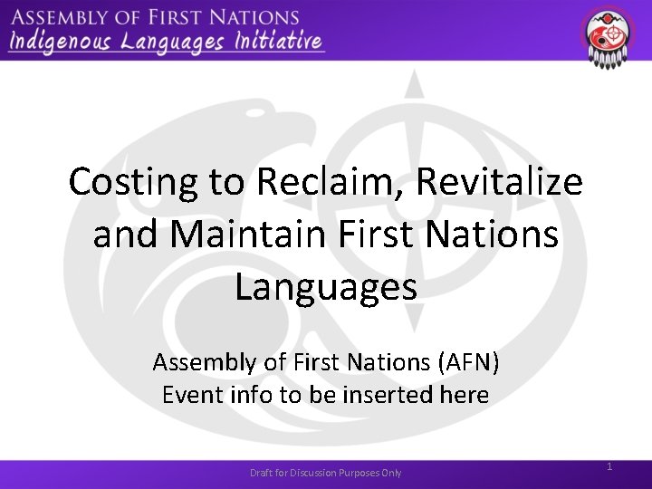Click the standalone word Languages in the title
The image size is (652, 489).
tap(326, 288)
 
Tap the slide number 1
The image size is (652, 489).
tap(609, 466)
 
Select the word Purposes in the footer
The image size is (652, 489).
tap(362, 473)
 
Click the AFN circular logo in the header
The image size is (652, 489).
tap(608, 34)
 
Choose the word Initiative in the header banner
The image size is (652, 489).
tap(281, 41)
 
